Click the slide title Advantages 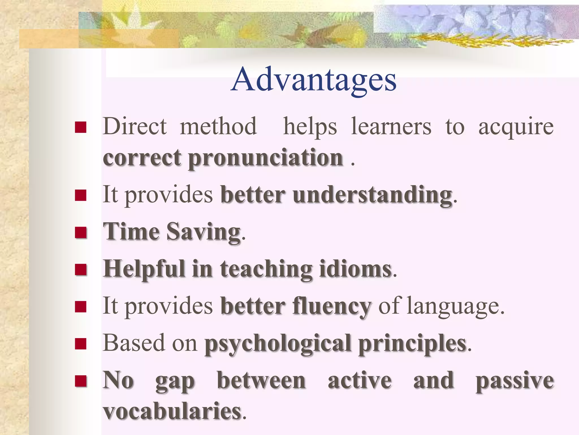click(314, 80)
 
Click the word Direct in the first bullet click(135, 126)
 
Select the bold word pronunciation click(266, 158)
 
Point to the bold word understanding click(372, 195)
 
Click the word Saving click(204, 232)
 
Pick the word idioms click(355, 269)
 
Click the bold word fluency click(332, 306)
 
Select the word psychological click(278, 344)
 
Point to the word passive click(515, 381)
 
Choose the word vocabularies click(172, 411)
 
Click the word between click(261, 381)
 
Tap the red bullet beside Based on click(81, 344)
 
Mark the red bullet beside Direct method click(81, 127)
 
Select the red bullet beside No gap click(81, 381)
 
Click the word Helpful click(144, 269)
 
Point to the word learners click(391, 126)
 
